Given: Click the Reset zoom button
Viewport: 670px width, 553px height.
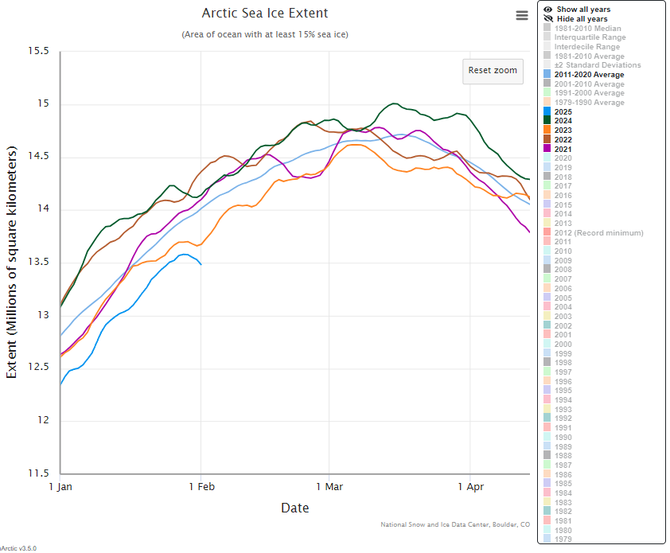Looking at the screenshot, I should click(493, 70).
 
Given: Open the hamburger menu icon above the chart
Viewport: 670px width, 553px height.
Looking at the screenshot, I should click(522, 15).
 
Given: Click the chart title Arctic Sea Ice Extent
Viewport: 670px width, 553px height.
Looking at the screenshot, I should click(265, 14).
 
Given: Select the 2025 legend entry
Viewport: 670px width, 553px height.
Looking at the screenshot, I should click(563, 111).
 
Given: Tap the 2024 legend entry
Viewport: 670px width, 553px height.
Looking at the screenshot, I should click(563, 121).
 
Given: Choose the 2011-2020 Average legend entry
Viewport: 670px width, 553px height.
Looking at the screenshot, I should click(589, 75).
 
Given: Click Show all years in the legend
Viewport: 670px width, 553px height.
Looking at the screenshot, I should click(583, 10).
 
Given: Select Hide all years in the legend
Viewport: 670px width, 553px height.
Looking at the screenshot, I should click(582, 19).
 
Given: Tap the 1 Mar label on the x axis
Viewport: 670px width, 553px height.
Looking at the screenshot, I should click(329, 485).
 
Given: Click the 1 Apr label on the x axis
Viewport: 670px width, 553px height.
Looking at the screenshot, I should click(470, 485).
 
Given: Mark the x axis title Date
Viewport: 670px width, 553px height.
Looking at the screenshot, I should click(295, 508).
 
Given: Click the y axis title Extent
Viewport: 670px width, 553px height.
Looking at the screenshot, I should click(13, 263).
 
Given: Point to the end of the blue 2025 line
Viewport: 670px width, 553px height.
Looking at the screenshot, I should click(201, 264).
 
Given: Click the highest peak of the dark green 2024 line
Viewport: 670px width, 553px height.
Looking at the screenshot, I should click(394, 103).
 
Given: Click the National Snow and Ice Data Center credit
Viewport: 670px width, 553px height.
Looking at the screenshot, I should click(455, 524).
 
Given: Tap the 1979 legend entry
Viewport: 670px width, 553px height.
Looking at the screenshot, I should click(563, 539).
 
